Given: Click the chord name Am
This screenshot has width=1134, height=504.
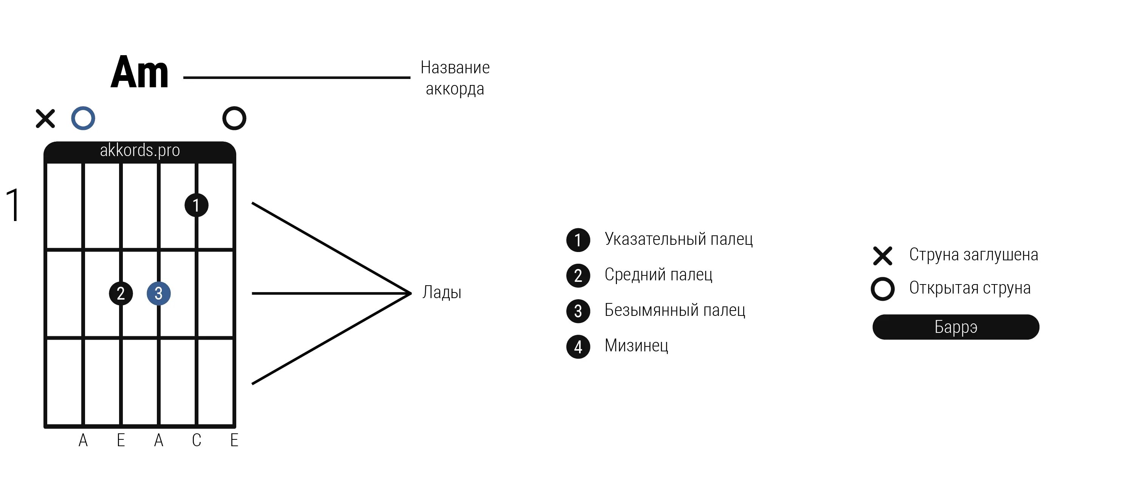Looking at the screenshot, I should click(x=139, y=73).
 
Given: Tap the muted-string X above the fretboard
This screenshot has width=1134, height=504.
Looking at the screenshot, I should click(x=45, y=118).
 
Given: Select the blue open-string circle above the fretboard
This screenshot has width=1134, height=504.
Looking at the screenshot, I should click(x=83, y=118).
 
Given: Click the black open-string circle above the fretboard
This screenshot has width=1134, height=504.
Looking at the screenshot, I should click(x=234, y=118).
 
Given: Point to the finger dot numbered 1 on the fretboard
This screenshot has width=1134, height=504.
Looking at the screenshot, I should click(x=196, y=205).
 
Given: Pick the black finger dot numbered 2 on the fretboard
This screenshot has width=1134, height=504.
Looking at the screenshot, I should click(x=121, y=293).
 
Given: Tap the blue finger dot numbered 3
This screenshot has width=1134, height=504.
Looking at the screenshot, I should click(x=158, y=293).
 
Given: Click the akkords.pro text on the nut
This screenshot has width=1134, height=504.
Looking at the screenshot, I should click(x=140, y=150).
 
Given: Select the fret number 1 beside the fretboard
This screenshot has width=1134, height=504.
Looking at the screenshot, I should click(x=13, y=205).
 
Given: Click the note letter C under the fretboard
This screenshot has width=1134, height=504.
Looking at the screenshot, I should click(x=196, y=440).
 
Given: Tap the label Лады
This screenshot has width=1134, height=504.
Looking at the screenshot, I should click(x=442, y=292).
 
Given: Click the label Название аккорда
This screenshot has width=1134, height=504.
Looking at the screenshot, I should click(x=455, y=78).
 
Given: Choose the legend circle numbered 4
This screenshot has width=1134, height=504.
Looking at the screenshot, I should click(x=578, y=347).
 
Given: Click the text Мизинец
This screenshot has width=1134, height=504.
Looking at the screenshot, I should click(x=636, y=346).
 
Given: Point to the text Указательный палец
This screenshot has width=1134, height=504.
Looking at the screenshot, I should click(x=679, y=239).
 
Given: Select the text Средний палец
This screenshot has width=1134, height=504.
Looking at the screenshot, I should click(x=658, y=275).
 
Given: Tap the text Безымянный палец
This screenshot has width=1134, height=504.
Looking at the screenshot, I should click(x=674, y=310).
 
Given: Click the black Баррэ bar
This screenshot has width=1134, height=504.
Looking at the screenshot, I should click(x=956, y=327).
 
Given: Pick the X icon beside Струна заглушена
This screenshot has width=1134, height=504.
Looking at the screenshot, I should click(x=883, y=256).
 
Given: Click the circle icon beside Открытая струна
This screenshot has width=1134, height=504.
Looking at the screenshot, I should click(x=883, y=289).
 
